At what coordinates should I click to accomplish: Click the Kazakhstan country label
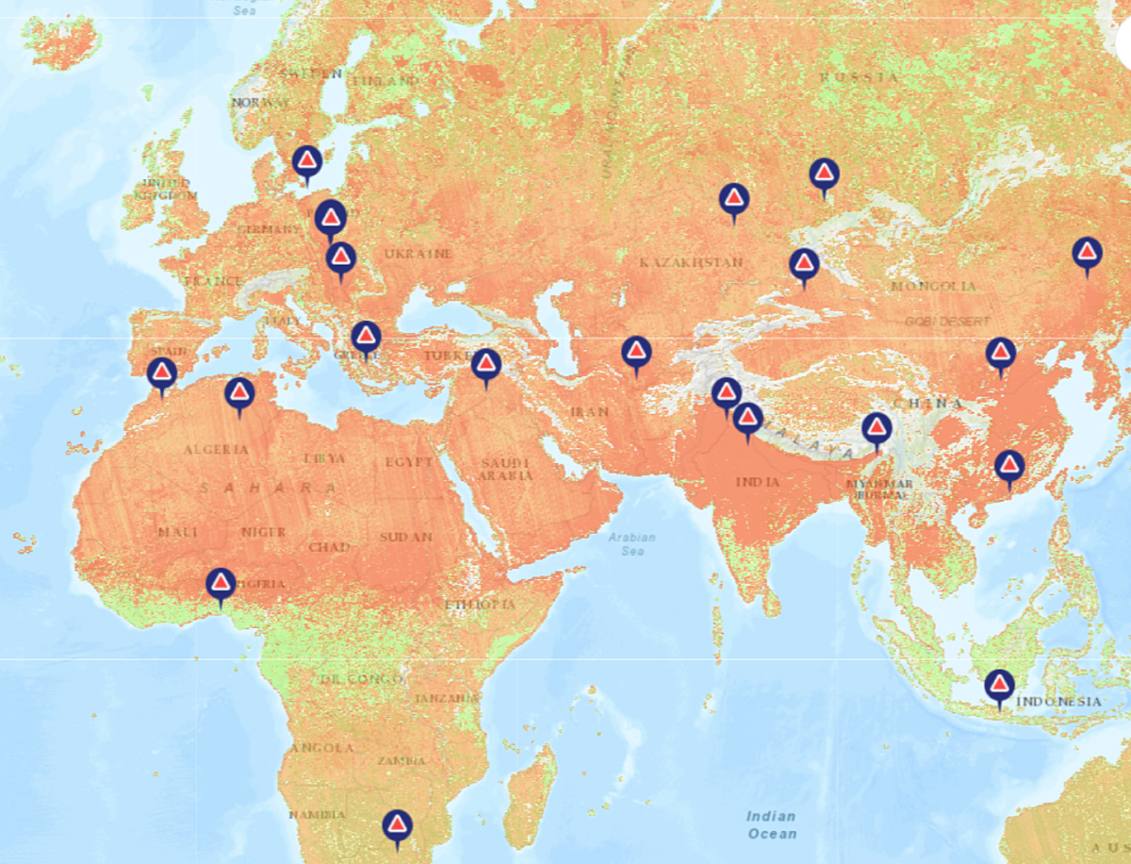(x=691, y=261)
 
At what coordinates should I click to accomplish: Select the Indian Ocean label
(x=771, y=824)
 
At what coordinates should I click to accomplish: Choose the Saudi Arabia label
(x=506, y=469)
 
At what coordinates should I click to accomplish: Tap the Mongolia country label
(x=934, y=286)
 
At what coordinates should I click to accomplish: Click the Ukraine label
(x=418, y=254)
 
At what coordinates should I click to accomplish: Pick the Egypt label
(x=408, y=462)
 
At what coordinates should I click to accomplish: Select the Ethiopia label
(x=480, y=604)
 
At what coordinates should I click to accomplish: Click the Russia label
(x=859, y=77)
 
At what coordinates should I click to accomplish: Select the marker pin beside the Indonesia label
(x=999, y=685)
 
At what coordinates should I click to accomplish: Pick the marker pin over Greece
(x=366, y=337)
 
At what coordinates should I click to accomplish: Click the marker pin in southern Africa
(x=397, y=826)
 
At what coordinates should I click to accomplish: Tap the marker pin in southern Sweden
(x=306, y=161)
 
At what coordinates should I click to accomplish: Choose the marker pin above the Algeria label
(x=239, y=393)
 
